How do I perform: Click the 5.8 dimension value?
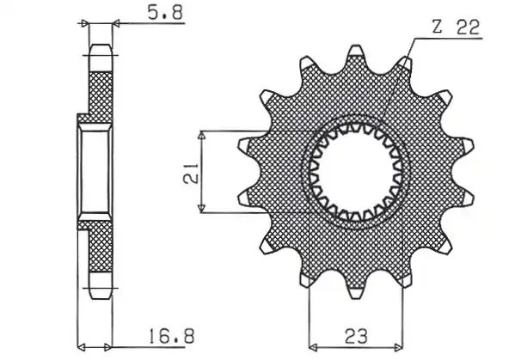pos(165,13)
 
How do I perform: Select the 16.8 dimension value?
pos(171,336)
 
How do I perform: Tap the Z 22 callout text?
pos(457,27)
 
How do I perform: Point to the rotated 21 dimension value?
pos(191,173)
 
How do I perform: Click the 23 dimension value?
pos(356,336)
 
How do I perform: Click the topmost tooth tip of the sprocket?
pos(355,47)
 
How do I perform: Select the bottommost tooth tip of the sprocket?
pos(355,297)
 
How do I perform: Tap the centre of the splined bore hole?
pos(355,173)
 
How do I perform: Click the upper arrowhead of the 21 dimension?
pos(201,135)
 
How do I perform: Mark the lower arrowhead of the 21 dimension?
pos(201,209)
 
